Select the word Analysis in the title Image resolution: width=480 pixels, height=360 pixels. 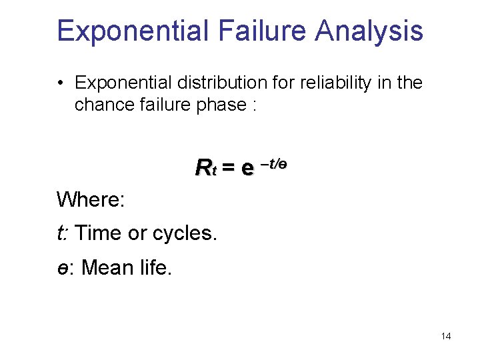click(369, 31)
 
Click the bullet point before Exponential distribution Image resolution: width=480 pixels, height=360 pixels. click(61, 83)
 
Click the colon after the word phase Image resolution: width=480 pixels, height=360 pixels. click(254, 106)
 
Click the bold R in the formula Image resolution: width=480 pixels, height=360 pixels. click(202, 167)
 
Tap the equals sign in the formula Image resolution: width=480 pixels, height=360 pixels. click(228, 168)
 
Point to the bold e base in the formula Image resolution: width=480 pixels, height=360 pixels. click(247, 169)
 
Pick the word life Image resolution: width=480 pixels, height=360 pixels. click(156, 268)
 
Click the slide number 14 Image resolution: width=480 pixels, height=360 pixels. click(446, 336)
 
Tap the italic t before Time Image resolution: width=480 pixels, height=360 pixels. click(61, 233)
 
